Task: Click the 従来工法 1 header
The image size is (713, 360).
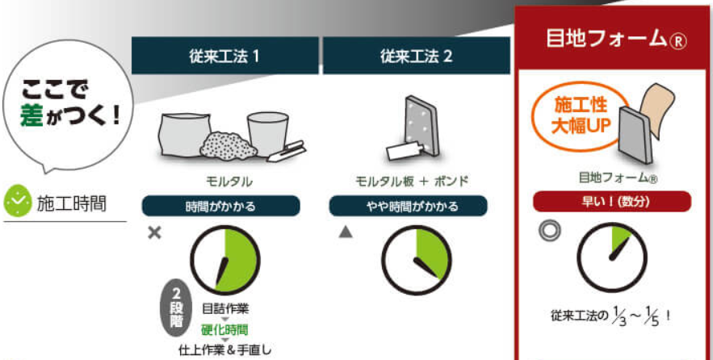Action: click(x=224, y=56)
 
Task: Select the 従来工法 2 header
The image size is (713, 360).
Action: click(x=417, y=56)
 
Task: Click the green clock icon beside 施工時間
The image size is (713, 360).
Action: click(x=18, y=201)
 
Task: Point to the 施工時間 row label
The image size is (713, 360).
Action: click(x=71, y=204)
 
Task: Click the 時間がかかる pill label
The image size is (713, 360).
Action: click(x=221, y=207)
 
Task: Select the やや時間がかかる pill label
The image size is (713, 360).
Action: click(x=409, y=207)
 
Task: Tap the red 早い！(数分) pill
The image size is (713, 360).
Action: click(x=612, y=201)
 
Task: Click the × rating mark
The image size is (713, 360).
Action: click(x=154, y=233)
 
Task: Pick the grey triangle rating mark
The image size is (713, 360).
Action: click(x=346, y=232)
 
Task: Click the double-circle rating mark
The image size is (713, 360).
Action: click(x=549, y=231)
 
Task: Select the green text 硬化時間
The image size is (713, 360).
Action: click(x=224, y=329)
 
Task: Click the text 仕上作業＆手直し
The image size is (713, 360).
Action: click(x=225, y=350)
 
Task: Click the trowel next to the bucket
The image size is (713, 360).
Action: click(x=287, y=152)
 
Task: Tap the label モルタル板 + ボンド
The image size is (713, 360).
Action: click(x=412, y=182)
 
